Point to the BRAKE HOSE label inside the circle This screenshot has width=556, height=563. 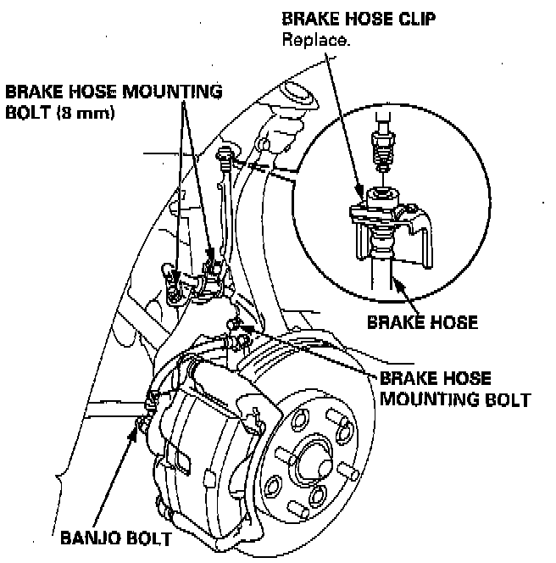coord(422,322)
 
